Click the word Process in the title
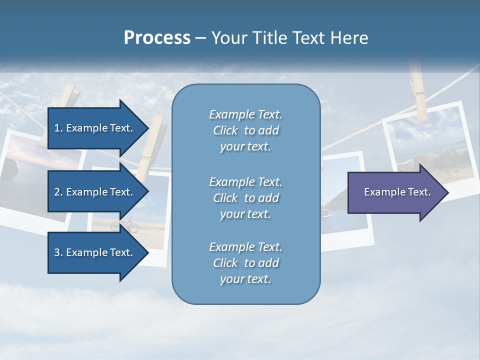tap(157, 38)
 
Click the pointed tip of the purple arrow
tap(446, 192)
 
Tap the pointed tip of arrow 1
tap(146, 128)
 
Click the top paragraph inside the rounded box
tap(245, 130)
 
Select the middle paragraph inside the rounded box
tap(245, 198)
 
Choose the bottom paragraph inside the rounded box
tap(245, 263)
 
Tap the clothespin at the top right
tap(418, 90)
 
